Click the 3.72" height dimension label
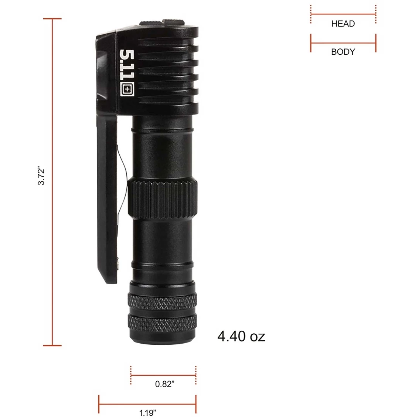(41, 177)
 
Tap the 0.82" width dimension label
(165, 384)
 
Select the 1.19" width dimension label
(147, 413)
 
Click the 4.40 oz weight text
(241, 336)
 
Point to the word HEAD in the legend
(343, 24)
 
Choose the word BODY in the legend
(343, 52)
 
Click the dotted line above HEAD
(343, 14)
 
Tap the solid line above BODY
(343, 43)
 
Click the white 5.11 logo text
(127, 64)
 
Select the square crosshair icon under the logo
(127, 89)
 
